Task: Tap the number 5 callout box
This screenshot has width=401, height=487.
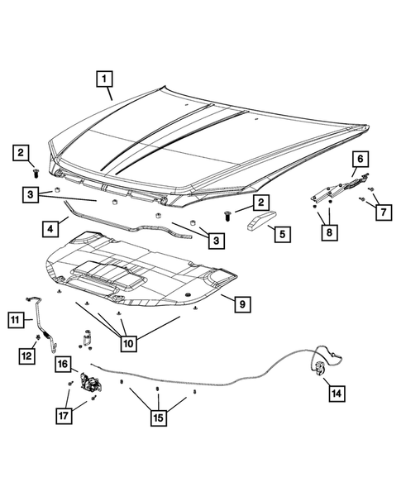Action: coord(281,234)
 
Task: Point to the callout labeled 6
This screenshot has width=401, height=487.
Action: coord(360,157)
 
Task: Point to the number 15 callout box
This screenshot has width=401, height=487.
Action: coord(157,417)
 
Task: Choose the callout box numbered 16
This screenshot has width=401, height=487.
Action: coord(63,364)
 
